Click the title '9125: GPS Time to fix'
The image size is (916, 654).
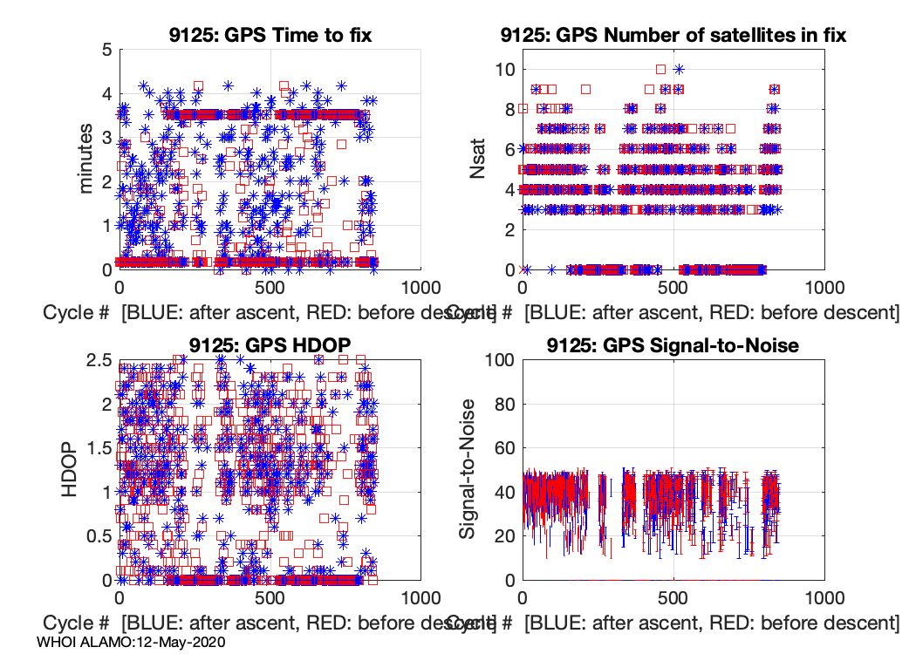[x=270, y=35]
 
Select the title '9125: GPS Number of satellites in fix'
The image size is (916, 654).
[x=673, y=35]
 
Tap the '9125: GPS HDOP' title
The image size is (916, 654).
[x=270, y=345]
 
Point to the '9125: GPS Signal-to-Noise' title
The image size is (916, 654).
[x=673, y=345]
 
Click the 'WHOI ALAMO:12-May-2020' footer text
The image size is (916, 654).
[x=132, y=642]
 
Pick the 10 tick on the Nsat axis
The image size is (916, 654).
[x=505, y=70]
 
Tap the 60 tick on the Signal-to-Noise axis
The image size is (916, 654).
[x=505, y=448]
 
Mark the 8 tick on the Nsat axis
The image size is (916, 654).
[x=509, y=110]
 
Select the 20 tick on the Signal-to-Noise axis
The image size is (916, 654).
[x=505, y=536]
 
